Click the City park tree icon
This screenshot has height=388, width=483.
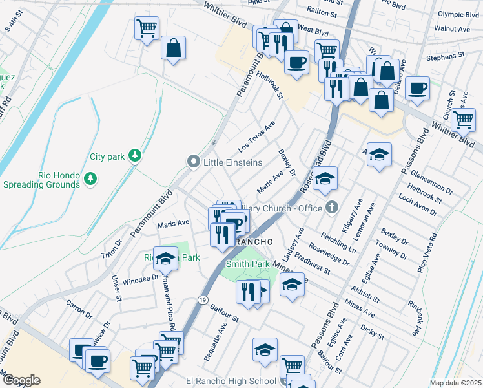[134, 155]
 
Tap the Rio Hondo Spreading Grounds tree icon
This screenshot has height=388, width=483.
[92, 178]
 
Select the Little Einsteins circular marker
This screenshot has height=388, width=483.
[192, 162]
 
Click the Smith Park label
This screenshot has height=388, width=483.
[247, 264]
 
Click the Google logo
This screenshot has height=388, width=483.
[21, 380]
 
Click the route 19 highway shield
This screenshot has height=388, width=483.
[203, 301]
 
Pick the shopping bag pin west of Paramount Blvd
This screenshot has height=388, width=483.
[173, 48]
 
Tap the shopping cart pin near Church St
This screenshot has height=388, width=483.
[463, 120]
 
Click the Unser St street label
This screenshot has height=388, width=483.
[117, 288]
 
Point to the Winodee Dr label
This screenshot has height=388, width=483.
[141, 279]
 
